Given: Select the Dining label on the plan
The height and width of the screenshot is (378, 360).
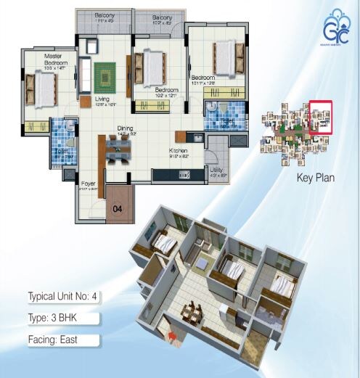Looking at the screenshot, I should pos(125,128).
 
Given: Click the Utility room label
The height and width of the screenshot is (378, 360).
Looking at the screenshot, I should pos(217,169).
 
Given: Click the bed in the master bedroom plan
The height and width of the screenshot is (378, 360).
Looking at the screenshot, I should pos(42,89).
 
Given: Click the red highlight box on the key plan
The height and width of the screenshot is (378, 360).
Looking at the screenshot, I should pos(320,118).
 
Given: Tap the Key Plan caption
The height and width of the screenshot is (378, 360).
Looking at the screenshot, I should pos(315,176).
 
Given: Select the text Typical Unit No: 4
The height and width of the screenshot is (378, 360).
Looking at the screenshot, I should pos(62,297).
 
